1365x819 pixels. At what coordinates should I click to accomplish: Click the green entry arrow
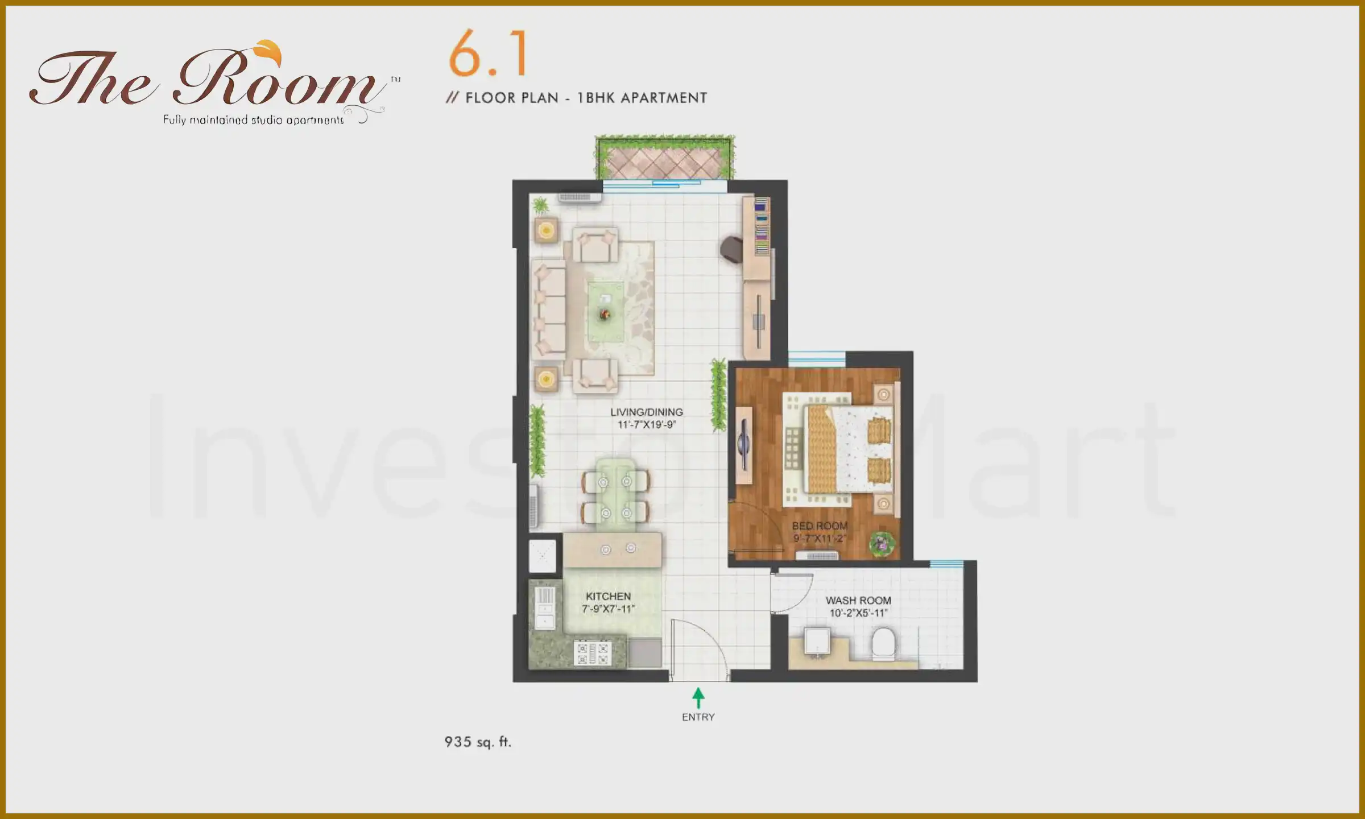698,697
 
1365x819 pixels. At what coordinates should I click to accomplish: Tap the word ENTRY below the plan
698,717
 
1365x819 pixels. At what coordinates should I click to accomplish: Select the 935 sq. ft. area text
478,742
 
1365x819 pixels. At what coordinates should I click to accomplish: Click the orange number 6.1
488,55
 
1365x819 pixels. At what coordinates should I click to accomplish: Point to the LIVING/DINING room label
647,418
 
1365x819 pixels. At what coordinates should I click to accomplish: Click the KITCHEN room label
608,602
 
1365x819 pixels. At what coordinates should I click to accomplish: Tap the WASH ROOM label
858,606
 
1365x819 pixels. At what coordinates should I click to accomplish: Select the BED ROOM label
820,532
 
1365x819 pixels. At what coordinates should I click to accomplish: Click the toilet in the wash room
883,644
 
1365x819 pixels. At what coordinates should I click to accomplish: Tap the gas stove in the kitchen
592,653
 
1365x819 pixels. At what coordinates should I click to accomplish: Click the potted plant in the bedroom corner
882,544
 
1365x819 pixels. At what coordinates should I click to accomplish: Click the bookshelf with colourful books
762,226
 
